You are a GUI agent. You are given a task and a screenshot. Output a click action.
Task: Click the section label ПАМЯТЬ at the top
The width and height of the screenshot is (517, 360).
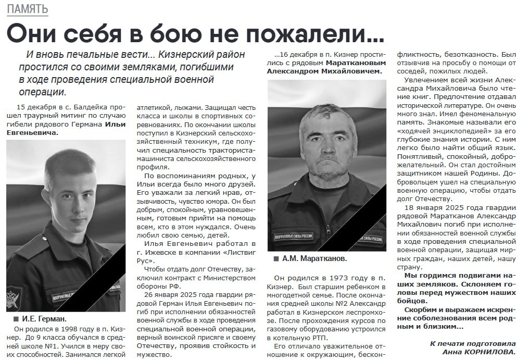click(28, 9)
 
